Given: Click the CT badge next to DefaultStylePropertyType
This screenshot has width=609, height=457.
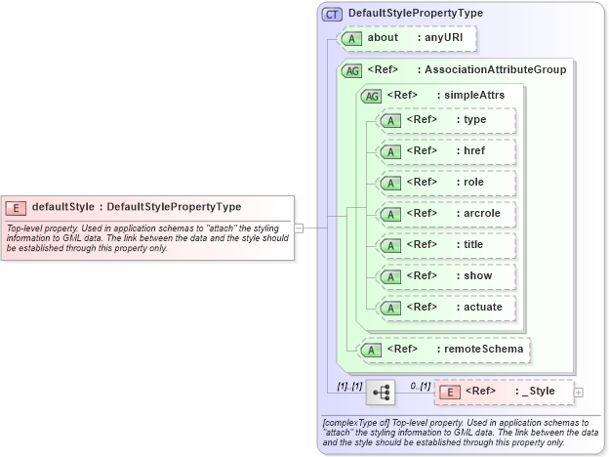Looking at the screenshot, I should (x=332, y=14).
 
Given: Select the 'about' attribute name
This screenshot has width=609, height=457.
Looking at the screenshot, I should (x=383, y=38).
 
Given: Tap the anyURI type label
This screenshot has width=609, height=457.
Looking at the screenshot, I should (x=444, y=38).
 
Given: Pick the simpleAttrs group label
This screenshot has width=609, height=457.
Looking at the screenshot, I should (x=468, y=95).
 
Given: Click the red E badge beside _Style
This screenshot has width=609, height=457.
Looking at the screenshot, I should (x=450, y=392).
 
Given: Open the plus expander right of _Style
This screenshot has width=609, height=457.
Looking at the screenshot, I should (x=579, y=392).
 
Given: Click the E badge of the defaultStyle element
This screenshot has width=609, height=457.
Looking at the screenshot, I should (x=17, y=207).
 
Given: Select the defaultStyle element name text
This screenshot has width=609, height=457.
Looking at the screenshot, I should (x=63, y=207).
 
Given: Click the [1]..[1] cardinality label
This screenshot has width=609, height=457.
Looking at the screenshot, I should (x=349, y=386).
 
